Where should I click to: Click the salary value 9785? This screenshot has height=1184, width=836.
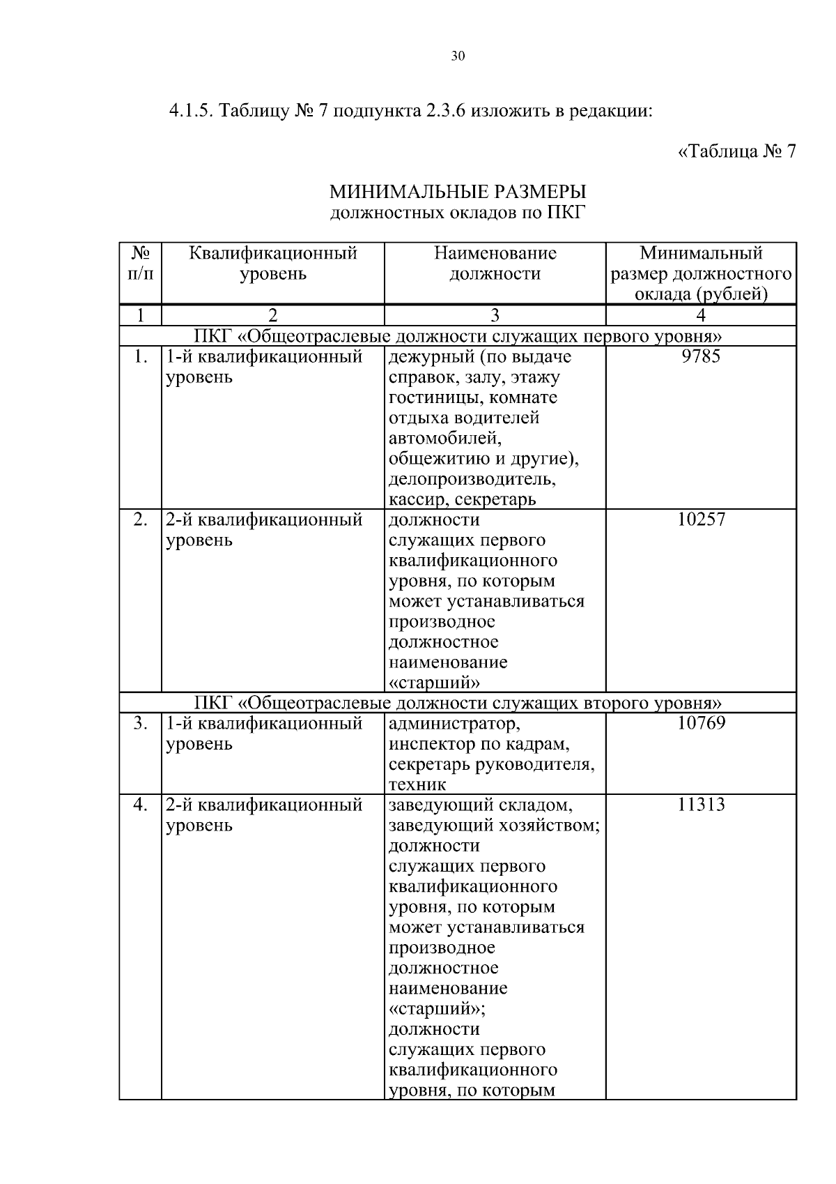click(x=701, y=357)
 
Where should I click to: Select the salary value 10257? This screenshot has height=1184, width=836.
click(x=701, y=519)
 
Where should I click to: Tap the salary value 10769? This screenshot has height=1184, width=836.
click(x=701, y=723)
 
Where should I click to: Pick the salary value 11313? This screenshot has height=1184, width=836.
click(x=701, y=805)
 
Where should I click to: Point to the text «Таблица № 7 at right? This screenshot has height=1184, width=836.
click(x=736, y=151)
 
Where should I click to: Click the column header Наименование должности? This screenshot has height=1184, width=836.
click(x=495, y=263)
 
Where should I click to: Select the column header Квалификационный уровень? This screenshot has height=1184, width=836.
click(x=273, y=263)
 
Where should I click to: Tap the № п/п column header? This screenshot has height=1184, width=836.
click(x=140, y=263)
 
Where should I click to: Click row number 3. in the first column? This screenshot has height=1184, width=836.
click(x=140, y=723)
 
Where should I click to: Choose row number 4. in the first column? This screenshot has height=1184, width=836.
click(x=140, y=805)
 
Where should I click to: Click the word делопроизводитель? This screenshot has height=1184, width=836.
click(x=472, y=480)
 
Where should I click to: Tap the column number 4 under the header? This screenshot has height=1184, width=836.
click(x=701, y=315)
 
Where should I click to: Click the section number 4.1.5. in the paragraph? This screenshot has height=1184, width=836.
click(x=192, y=112)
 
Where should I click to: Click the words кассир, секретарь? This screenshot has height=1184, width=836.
click(x=462, y=500)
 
